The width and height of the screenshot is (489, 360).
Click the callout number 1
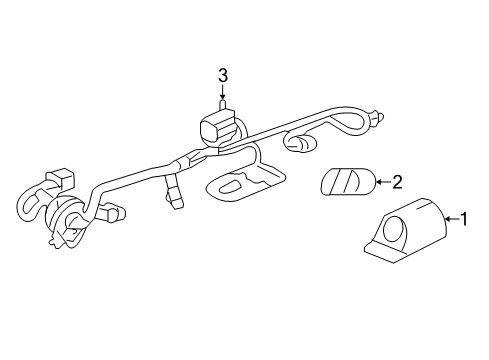point(463,217)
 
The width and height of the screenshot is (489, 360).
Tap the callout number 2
point(397,182)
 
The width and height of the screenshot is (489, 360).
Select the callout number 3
point(223,74)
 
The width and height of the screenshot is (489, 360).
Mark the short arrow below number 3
point(223,94)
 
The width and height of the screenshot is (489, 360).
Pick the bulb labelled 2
point(346,183)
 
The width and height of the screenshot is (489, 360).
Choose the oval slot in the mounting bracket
point(230,184)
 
